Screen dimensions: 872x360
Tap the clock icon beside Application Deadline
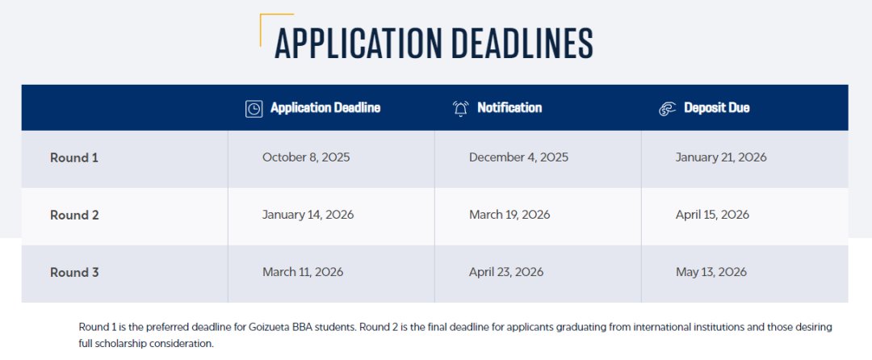tap(254, 108)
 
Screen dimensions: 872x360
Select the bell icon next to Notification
tap(460, 108)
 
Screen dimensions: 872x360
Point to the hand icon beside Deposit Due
tap(667, 108)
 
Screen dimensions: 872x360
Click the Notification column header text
tap(509, 108)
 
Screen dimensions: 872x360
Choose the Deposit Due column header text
tap(716, 108)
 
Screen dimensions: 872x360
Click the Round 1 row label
tap(74, 157)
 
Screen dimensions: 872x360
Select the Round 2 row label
tap(74, 215)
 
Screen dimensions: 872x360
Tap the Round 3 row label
tap(74, 273)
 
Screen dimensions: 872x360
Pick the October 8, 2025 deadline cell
tap(306, 157)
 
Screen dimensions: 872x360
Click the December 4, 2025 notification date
tap(518, 157)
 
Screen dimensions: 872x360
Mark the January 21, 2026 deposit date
tap(721, 157)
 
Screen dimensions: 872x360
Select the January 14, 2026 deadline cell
tap(308, 215)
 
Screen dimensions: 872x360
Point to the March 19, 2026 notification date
tap(509, 215)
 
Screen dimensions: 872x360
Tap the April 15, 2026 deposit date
tap(712, 215)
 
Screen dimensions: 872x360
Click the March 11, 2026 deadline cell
tap(303, 273)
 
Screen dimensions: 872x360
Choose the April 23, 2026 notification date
tap(506, 273)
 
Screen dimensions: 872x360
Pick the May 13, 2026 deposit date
tap(711, 273)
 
